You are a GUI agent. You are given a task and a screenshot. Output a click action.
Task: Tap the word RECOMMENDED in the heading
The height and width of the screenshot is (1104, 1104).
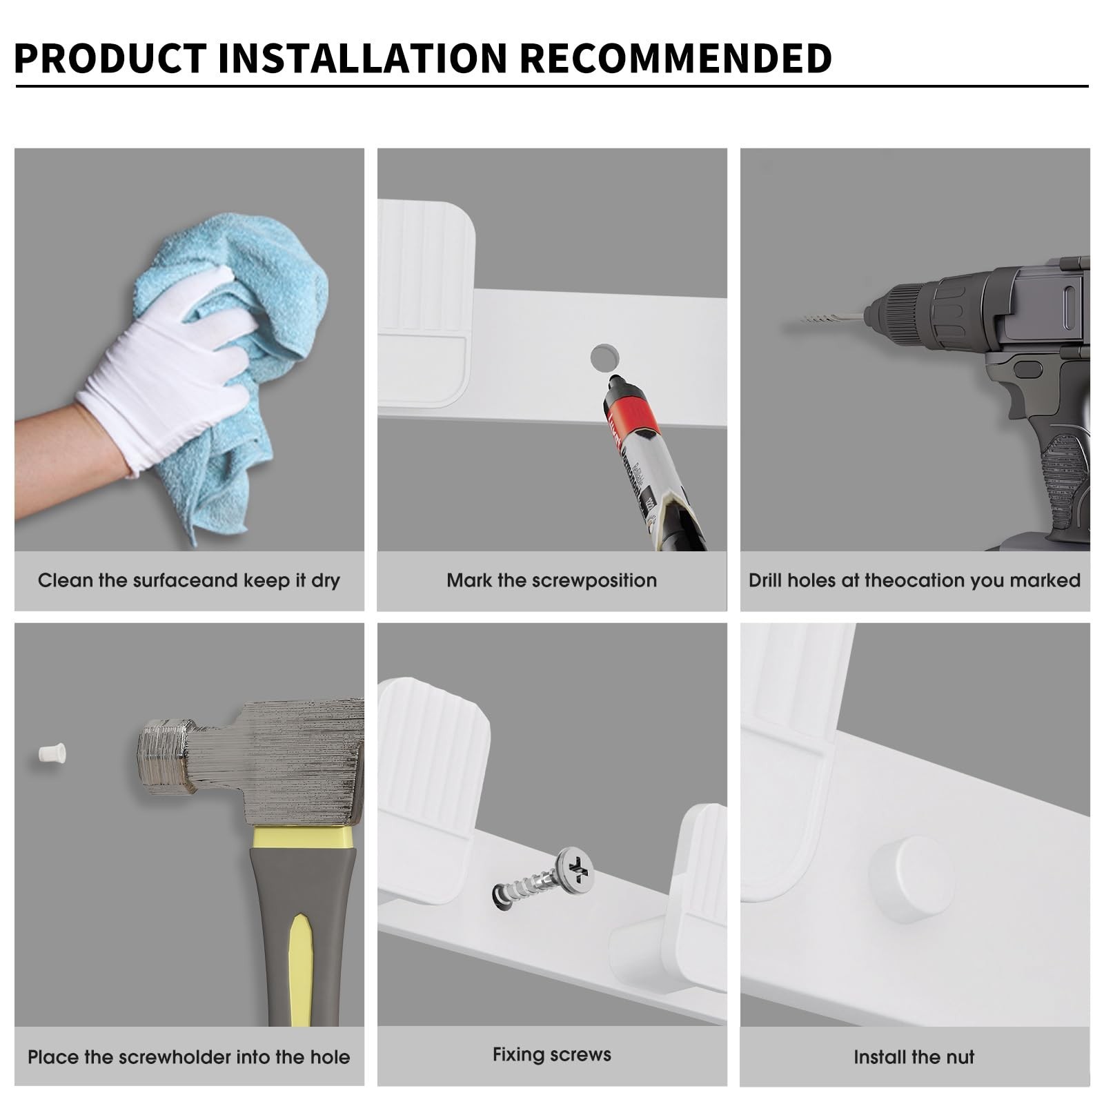pyautogui.click(x=676, y=58)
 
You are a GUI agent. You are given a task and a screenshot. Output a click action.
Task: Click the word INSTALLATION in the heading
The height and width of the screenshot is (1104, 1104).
pyautogui.click(x=363, y=58)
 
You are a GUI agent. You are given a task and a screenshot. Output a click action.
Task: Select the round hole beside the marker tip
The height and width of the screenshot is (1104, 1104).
pyautogui.click(x=604, y=357)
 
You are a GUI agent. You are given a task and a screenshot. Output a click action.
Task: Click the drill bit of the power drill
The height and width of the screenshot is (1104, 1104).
pyautogui.click(x=831, y=318)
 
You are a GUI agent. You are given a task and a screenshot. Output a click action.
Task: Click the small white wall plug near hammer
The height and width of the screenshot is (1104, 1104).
pyautogui.click(x=52, y=753)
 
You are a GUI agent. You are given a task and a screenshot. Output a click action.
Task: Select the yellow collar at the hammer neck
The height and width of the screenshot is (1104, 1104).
pyautogui.click(x=304, y=838)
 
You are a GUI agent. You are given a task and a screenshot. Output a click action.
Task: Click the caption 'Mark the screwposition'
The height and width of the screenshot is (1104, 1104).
pyautogui.click(x=551, y=580)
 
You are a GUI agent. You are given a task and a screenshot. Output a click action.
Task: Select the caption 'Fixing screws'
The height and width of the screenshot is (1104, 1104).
pyautogui.click(x=551, y=1054)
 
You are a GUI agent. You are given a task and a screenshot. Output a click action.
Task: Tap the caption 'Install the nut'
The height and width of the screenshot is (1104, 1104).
pyautogui.click(x=914, y=1057)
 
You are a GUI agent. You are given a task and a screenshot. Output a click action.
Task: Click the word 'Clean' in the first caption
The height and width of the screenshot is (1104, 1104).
pyautogui.click(x=65, y=580)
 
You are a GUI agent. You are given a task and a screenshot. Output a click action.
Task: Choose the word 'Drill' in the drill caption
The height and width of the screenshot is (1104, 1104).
pyautogui.click(x=765, y=580)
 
